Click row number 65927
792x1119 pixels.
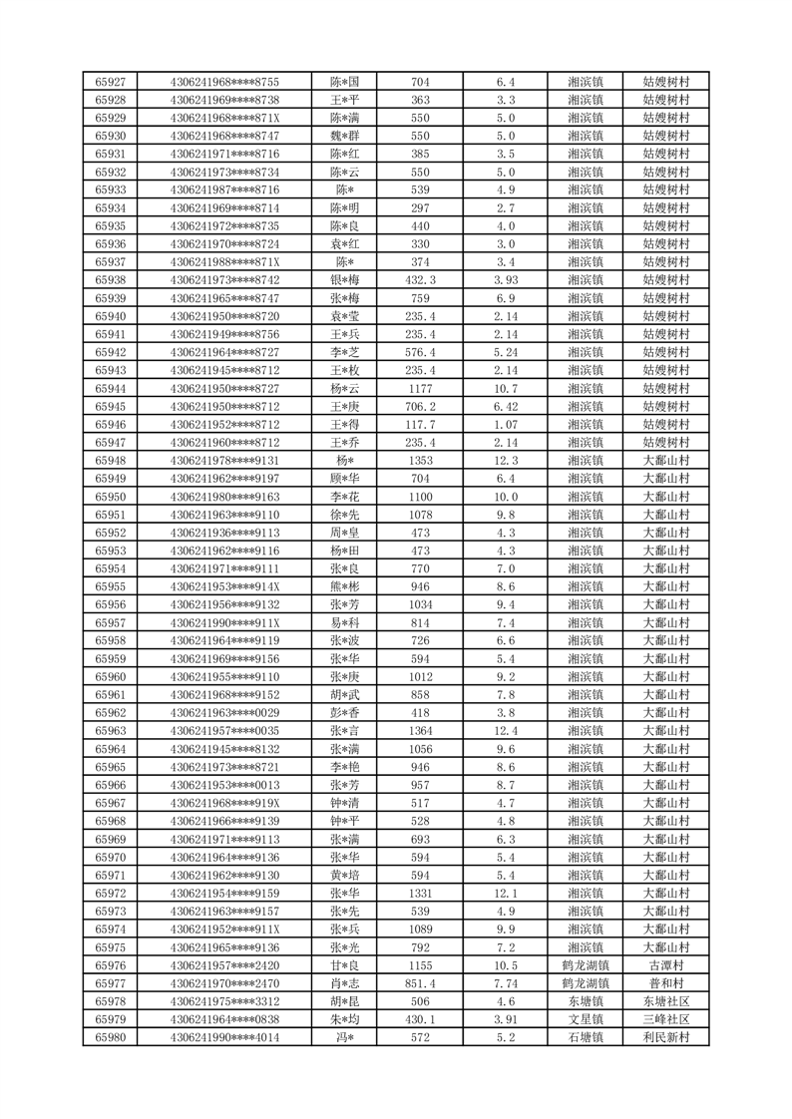[110, 81]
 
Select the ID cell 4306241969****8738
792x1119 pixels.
[224, 99]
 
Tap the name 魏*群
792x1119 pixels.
[346, 135]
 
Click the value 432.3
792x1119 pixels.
[420, 279]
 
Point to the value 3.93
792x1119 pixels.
[505, 279]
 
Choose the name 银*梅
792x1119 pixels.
[346, 279]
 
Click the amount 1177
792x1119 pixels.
[420, 388]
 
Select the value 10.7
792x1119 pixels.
[505, 388]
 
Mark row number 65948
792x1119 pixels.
[110, 460]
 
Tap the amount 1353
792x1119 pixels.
[420, 460]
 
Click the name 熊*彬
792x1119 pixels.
[346, 586]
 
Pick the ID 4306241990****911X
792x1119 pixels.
[224, 622]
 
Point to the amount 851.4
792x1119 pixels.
[420, 983]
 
